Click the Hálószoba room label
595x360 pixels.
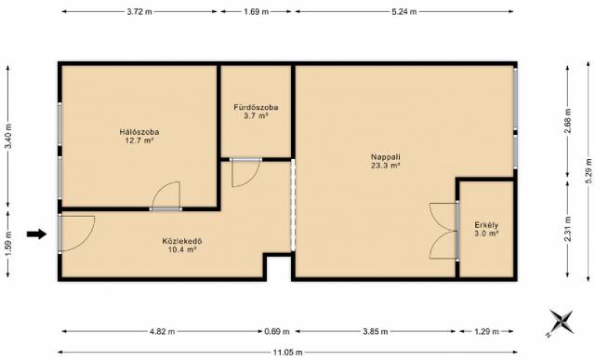139,132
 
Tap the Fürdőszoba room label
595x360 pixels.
257,108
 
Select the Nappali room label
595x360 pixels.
386,157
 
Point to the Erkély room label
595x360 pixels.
486,225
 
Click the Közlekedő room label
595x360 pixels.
182,241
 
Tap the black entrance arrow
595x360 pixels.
36,233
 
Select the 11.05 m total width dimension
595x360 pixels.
287,353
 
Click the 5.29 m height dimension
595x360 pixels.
588,171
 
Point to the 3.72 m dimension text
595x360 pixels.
139,12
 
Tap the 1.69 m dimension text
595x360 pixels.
257,12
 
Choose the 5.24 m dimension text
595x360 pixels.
404,12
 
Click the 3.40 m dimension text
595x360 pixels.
8,136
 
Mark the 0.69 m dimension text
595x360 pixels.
277,331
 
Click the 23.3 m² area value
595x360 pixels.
386,166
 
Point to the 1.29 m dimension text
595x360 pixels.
486,331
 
